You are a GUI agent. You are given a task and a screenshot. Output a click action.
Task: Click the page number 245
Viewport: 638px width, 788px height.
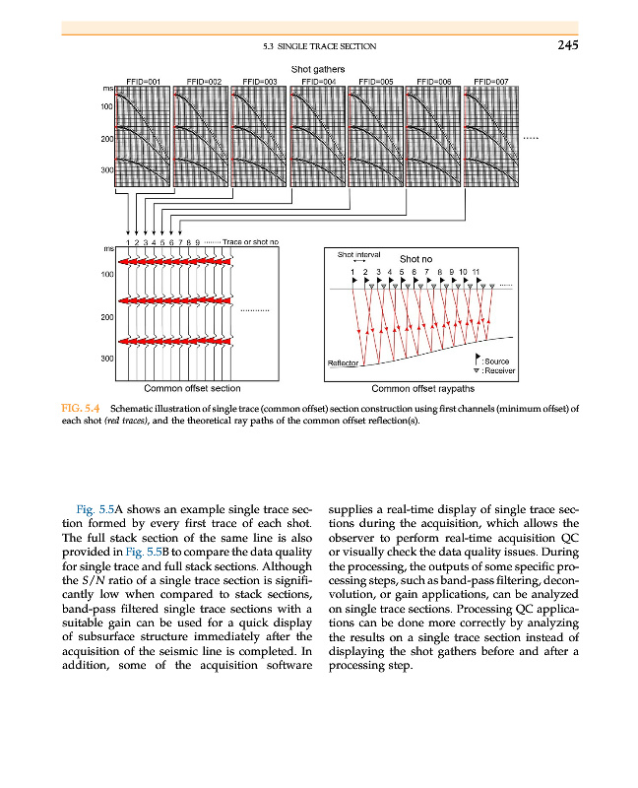point(566,44)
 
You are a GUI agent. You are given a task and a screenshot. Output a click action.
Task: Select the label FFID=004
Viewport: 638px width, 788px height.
point(317,82)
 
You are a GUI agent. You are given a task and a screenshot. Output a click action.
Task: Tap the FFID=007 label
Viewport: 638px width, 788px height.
point(490,82)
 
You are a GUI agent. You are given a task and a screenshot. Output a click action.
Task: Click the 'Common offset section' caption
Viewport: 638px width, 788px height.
point(192,388)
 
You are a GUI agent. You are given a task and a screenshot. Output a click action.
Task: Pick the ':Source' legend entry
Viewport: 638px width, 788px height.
point(496,361)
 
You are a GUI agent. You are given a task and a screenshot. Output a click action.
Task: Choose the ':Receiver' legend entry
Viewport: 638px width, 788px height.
point(498,371)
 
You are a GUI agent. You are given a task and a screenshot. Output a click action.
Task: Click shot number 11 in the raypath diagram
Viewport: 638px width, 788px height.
point(476,270)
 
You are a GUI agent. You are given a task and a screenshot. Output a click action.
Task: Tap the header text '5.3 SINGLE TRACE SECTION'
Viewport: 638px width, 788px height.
point(320,45)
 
